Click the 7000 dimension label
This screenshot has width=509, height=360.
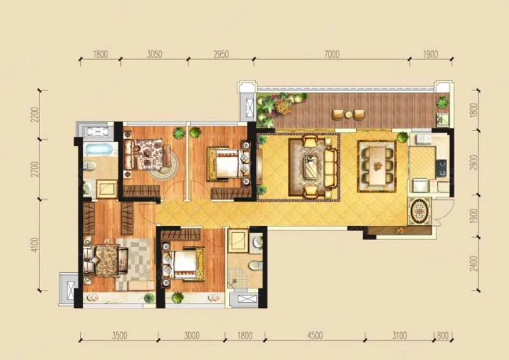coord(331,54)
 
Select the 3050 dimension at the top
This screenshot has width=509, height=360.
coord(155,54)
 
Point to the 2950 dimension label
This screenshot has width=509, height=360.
coord(221,54)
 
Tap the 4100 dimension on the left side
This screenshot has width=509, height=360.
coord(35,244)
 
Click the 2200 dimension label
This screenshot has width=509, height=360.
coord(35,114)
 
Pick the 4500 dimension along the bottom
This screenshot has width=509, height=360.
coord(315,335)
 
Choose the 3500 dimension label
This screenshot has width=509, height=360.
coord(120,335)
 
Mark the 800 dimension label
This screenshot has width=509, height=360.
coord(442,335)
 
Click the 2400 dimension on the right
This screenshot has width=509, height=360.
coord(474,263)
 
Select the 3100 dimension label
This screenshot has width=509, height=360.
coord(400,335)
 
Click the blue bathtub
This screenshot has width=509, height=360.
coord(99,149)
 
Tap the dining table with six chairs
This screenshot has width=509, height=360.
coord(377,165)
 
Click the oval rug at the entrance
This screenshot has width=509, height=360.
coord(419,211)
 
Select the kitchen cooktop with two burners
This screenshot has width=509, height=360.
coord(441,168)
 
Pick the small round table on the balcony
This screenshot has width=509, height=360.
coord(349,114)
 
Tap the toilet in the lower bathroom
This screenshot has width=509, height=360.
coord(256,265)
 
